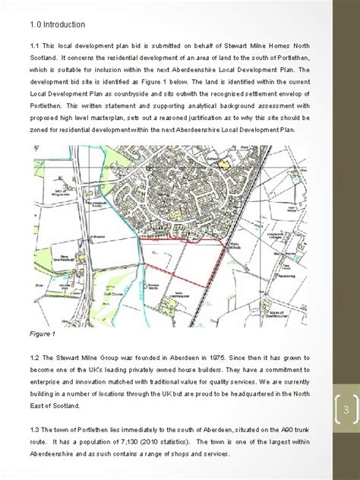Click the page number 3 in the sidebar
344,411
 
